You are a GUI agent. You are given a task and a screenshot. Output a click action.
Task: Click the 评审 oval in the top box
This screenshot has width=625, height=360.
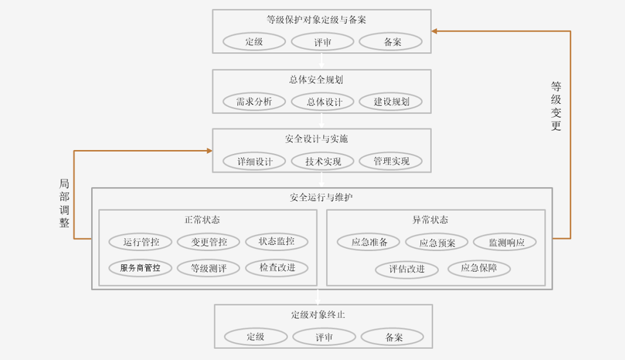pyautogui.click(x=323, y=42)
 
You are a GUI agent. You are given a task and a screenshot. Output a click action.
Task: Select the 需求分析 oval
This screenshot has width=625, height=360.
pyautogui.click(x=254, y=102)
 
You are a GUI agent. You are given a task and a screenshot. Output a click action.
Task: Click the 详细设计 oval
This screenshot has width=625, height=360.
pyautogui.click(x=254, y=161)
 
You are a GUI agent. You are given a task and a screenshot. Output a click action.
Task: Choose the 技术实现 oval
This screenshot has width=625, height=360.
pyautogui.click(x=323, y=161)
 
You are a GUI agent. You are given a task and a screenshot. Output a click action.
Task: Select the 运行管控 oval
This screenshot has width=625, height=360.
pyautogui.click(x=141, y=242)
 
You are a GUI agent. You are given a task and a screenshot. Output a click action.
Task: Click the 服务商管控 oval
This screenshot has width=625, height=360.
pyautogui.click(x=140, y=268)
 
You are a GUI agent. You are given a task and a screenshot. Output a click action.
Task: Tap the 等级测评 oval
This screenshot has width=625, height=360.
pyautogui.click(x=209, y=268)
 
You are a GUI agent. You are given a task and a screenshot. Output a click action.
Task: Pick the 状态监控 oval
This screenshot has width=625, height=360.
pyautogui.click(x=277, y=241)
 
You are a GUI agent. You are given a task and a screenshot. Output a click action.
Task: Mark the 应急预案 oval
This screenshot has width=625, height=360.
pyautogui.click(x=437, y=243)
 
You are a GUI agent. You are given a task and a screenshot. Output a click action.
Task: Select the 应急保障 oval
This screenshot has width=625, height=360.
pyautogui.click(x=479, y=268)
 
